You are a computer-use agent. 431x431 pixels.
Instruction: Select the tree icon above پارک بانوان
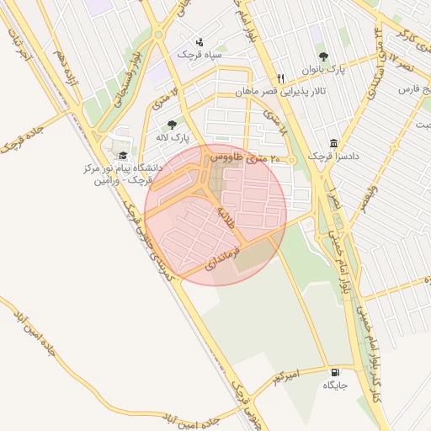click(x=323, y=57)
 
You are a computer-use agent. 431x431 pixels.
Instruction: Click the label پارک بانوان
click(x=323, y=72)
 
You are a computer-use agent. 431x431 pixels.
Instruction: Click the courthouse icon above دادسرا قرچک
click(x=334, y=143)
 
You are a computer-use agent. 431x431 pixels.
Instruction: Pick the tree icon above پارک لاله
click(x=172, y=125)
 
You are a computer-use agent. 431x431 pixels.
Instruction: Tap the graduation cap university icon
click(x=123, y=156)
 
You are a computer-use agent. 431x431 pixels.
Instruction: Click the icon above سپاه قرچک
click(x=199, y=41)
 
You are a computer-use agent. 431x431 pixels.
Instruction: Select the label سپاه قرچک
click(x=199, y=54)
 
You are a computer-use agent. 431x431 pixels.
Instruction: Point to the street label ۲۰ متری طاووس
click(x=238, y=157)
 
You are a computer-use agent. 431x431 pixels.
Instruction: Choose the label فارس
click(x=408, y=88)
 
